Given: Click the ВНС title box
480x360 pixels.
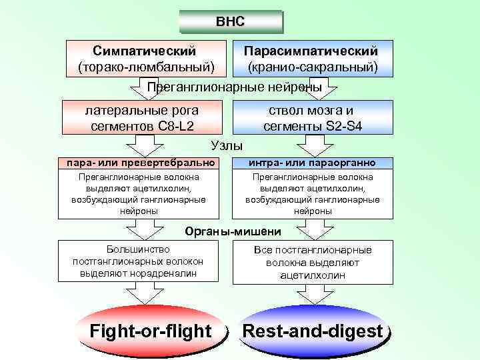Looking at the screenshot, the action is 230,21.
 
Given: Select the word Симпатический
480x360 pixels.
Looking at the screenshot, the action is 145,51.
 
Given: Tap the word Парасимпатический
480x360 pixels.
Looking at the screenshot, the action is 311,51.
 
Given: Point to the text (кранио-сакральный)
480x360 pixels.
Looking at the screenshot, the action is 312,67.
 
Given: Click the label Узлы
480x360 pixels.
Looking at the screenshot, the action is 227,145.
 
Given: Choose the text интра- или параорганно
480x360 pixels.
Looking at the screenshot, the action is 312,163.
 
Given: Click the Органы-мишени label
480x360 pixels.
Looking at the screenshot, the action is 232,231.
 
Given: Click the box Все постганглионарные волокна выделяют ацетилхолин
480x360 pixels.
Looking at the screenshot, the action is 312,262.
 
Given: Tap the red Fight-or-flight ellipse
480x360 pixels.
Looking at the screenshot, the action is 151,331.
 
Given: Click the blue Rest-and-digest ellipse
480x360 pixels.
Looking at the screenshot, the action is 312,331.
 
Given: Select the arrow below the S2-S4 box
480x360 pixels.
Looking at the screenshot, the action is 312,145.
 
